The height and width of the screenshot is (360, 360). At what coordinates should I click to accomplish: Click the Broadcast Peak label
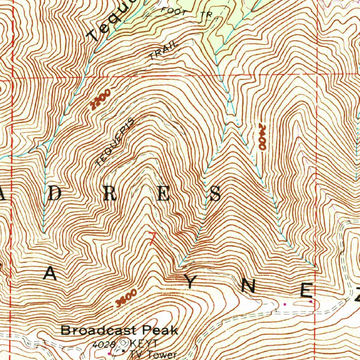[120, 330]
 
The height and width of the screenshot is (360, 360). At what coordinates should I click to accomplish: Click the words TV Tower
[153, 354]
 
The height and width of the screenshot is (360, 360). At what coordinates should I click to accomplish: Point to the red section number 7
[152, 238]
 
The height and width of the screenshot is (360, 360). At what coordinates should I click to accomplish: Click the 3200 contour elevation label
[101, 99]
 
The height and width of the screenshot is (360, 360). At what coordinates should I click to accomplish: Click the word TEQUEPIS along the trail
[115, 142]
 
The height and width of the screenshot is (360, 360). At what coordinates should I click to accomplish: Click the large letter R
[109, 194]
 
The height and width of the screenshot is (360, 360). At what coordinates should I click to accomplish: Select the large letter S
[215, 194]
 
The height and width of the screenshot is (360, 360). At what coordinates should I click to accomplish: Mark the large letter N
[249, 287]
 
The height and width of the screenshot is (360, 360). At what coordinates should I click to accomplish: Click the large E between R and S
[163, 194]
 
